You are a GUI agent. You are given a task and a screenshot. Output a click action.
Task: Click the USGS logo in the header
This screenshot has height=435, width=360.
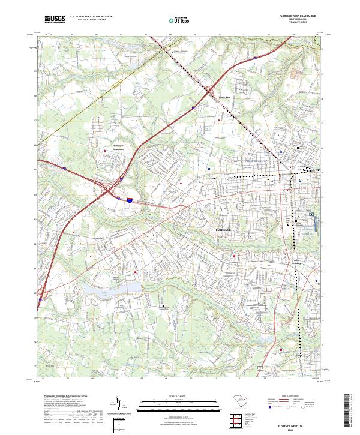tap(54, 20)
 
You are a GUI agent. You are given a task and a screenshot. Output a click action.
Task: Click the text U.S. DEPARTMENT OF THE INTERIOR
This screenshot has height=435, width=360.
tap(91, 17)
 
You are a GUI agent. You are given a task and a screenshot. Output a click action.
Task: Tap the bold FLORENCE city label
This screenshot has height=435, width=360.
tap(223, 230)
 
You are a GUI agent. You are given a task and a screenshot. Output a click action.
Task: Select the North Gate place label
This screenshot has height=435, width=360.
tap(224, 95)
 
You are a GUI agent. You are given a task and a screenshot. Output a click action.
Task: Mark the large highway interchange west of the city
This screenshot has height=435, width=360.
tap(112, 191)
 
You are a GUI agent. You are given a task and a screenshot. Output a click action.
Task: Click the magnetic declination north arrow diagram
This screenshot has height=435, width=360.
tap(118, 406)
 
